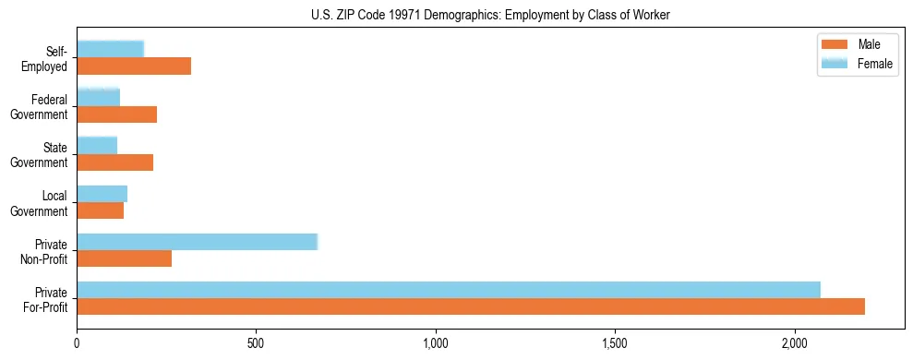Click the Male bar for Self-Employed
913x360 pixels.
click(x=134, y=66)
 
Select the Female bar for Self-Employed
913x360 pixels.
click(x=111, y=49)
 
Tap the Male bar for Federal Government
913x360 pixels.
click(x=117, y=114)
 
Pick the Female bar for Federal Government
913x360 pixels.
click(x=99, y=97)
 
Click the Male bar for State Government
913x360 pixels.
click(x=115, y=162)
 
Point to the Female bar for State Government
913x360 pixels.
click(x=97, y=145)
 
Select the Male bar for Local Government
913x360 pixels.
click(x=101, y=210)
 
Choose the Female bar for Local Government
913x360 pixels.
click(x=102, y=193)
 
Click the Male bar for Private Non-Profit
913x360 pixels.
click(x=125, y=258)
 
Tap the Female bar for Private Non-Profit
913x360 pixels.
click(x=198, y=241)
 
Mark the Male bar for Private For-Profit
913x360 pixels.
click(x=471, y=306)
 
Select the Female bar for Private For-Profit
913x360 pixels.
click(x=449, y=289)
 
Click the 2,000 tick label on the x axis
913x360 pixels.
click(x=795, y=343)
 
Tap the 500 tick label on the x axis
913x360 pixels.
click(x=257, y=343)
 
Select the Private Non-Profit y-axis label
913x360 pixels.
click(x=51, y=251)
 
